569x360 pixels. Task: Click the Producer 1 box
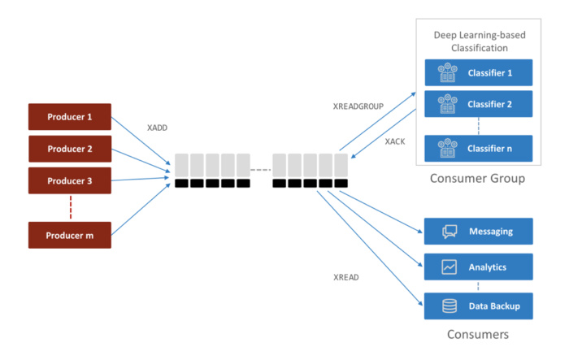(x=69, y=116)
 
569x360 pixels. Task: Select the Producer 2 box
(x=69, y=149)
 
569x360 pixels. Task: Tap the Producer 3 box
(x=69, y=180)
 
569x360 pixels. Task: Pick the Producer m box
(x=69, y=235)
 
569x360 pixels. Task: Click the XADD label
(x=158, y=128)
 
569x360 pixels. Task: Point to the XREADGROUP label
(x=358, y=106)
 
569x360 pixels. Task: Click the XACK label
(x=395, y=141)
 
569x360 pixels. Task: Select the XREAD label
(x=346, y=277)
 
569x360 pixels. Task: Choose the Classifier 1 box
(x=477, y=73)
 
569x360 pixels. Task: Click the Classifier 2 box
(x=477, y=104)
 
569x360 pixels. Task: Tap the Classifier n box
(x=477, y=149)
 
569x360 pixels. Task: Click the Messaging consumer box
(x=477, y=232)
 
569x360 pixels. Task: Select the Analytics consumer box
(x=477, y=267)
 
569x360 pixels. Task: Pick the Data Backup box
(x=477, y=306)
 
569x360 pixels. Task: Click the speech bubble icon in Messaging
(x=450, y=232)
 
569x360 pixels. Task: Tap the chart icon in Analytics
(x=450, y=267)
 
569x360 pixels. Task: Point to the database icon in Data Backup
(x=450, y=306)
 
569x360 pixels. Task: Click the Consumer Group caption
(x=476, y=178)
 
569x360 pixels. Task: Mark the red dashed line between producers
(x=69, y=207)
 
